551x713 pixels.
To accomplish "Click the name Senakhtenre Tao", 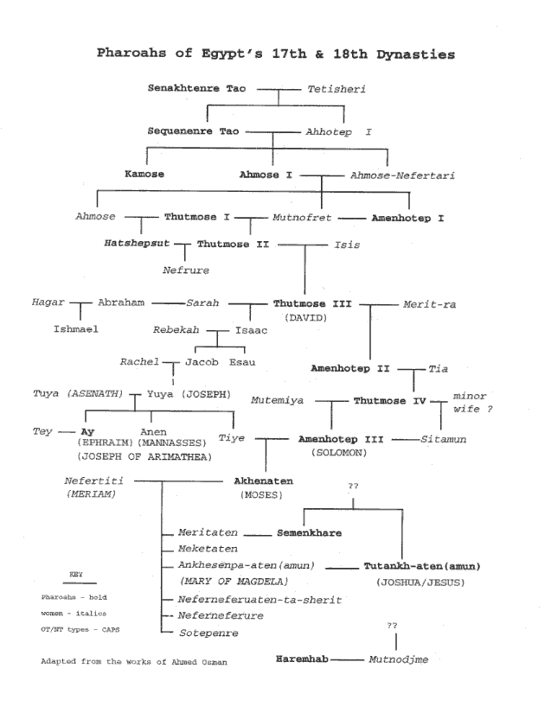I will point(198,89).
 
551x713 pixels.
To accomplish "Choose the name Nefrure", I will point(186,271).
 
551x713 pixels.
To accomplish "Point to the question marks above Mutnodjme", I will point(394,624).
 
